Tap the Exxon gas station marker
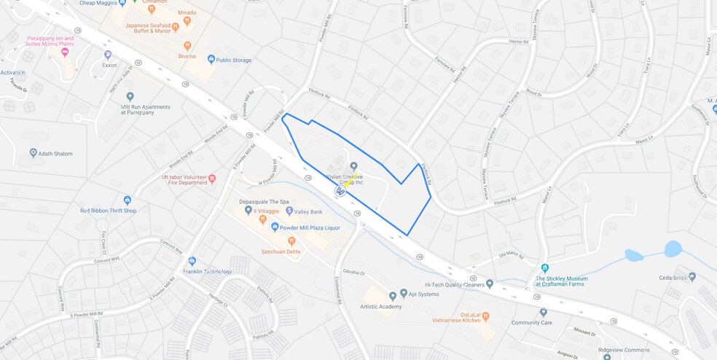click(108, 55)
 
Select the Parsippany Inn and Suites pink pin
click(65, 52)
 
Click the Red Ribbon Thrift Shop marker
click(128, 200)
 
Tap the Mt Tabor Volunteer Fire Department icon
click(212, 179)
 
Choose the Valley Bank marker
click(289, 211)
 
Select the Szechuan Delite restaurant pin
click(291, 240)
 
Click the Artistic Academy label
click(381, 307)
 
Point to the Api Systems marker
click(403, 293)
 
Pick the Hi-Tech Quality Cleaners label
click(455, 284)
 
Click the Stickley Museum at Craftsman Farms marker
click(545, 267)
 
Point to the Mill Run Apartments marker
click(130, 96)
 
